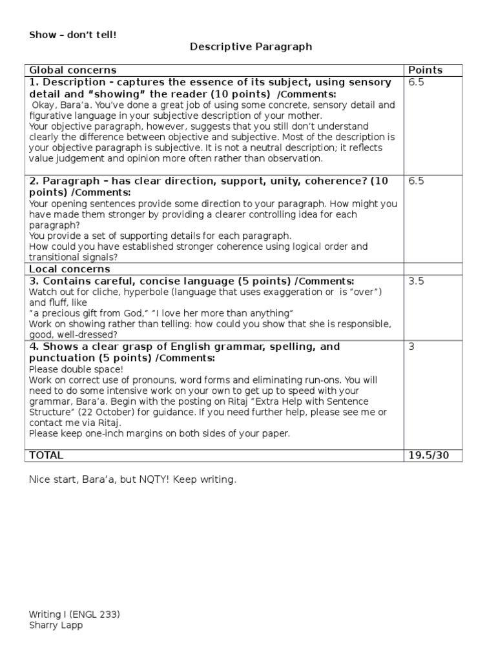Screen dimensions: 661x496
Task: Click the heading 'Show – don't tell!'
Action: [73, 35]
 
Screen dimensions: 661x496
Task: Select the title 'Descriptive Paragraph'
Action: [251, 46]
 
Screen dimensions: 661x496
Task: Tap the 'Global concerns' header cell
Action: [72, 70]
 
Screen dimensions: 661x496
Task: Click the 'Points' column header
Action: [426, 70]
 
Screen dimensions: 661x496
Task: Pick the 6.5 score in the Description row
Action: [416, 83]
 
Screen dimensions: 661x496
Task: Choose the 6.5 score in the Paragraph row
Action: [416, 181]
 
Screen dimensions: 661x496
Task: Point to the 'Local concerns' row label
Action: [69, 269]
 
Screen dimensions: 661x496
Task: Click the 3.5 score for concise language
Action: [416, 281]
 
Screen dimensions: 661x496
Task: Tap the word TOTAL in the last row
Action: [46, 456]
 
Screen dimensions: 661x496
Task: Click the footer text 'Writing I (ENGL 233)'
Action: [74, 615]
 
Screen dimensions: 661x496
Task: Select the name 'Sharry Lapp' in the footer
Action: [56, 625]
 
